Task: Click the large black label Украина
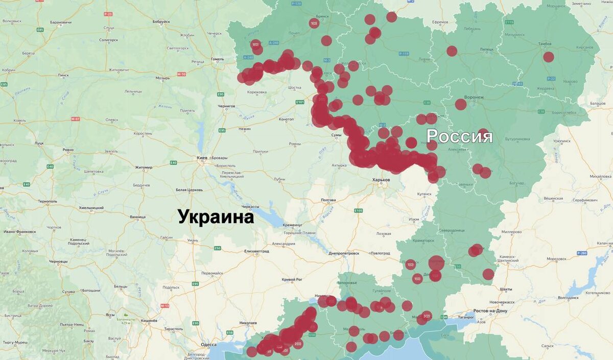216,217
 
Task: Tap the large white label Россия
459,136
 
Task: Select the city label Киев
202,158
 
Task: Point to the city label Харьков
381,180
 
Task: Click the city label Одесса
208,345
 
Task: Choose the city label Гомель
217,59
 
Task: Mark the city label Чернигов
225,106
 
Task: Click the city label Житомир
144,167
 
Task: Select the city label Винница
137,217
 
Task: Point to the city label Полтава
327,200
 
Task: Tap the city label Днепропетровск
344,253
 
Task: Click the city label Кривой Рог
292,279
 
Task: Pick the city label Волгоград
569,297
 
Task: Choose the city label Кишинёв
148,320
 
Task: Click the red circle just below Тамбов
548,57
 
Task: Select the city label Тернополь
47,201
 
